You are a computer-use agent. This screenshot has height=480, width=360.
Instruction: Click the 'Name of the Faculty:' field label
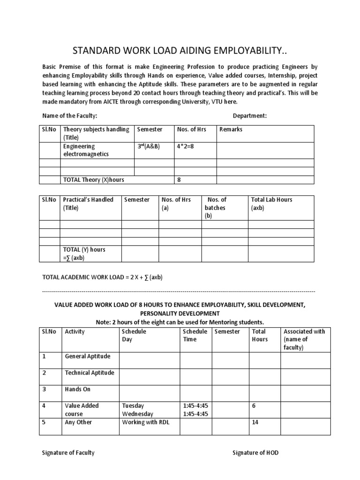(70, 116)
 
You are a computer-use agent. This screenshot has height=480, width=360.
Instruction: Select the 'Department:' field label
(249, 116)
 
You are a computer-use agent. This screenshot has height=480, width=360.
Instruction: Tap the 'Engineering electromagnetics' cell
(86, 150)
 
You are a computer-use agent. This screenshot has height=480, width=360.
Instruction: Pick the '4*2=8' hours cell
(186, 146)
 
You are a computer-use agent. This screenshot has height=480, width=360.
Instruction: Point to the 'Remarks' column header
(231, 129)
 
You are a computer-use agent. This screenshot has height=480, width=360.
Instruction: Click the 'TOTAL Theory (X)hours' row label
(94, 180)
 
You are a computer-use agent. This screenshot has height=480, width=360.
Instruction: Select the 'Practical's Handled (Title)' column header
(88, 203)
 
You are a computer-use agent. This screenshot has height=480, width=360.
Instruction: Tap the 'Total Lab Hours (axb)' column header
(271, 203)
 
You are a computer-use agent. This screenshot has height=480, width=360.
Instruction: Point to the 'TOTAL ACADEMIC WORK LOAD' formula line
(102, 277)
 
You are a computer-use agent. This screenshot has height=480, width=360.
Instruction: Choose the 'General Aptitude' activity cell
(88, 356)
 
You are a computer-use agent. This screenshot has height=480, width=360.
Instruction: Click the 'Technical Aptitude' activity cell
(90, 373)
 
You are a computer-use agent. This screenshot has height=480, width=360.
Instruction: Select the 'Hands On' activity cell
(78, 389)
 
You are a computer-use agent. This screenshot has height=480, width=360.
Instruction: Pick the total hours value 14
(255, 422)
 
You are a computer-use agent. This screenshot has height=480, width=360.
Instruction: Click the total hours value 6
(254, 405)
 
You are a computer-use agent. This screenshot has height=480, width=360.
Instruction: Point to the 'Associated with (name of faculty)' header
(304, 339)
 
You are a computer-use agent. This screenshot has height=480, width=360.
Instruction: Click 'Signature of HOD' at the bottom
(256, 452)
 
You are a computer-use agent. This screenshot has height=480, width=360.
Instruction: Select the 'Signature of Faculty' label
(68, 452)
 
